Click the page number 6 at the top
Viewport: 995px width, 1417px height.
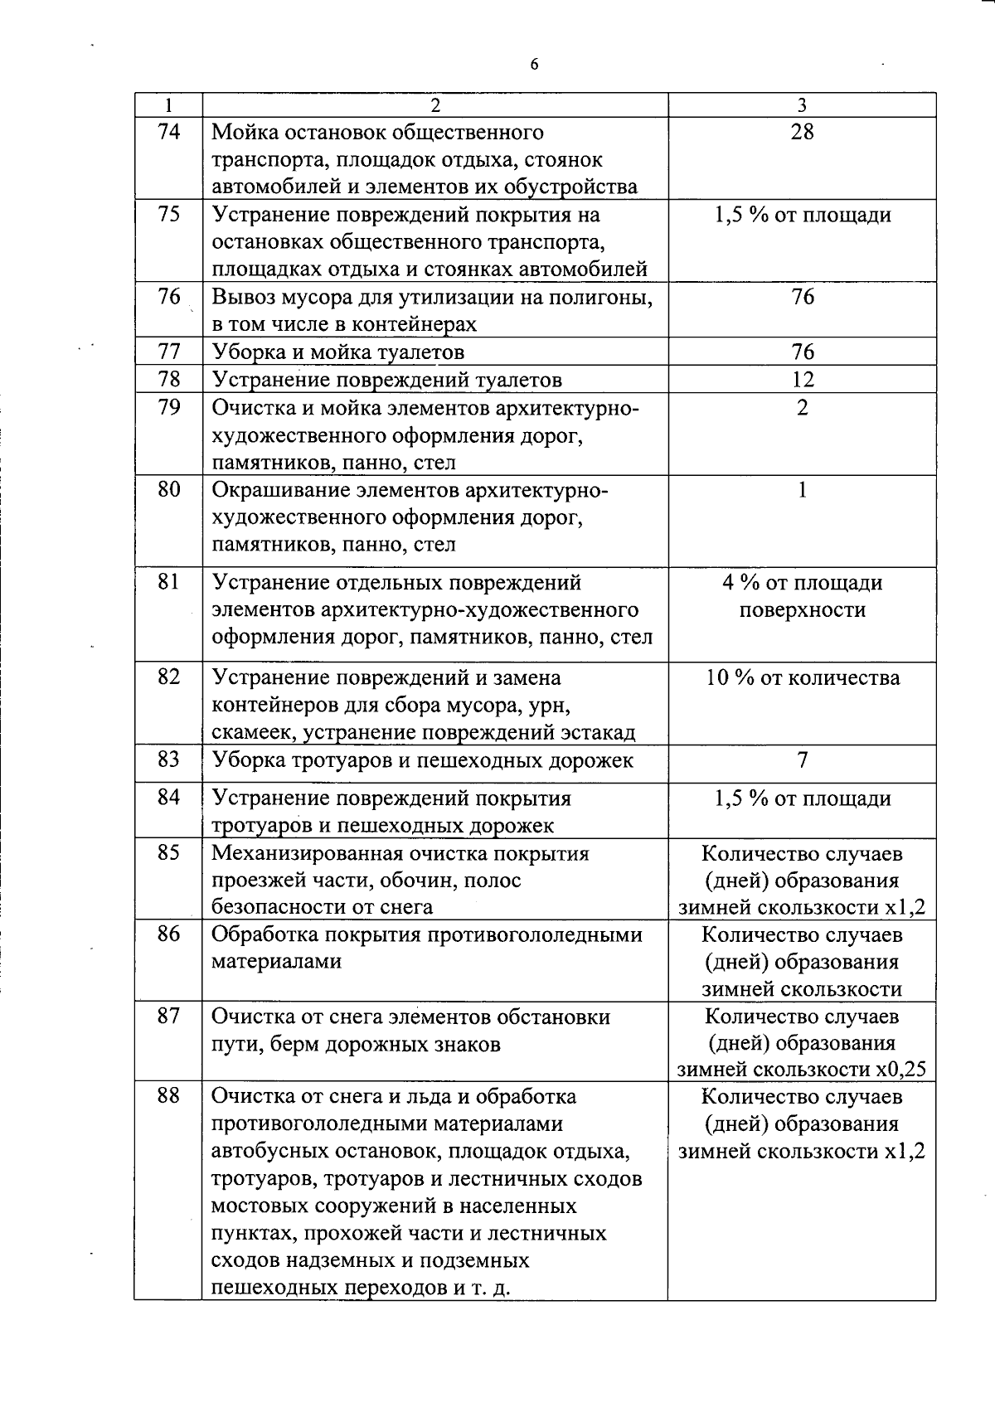(x=534, y=65)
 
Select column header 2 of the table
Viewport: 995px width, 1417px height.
(x=435, y=104)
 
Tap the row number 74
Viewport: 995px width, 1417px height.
(x=168, y=131)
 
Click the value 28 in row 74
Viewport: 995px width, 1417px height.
(x=802, y=131)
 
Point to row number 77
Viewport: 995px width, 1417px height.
(x=168, y=352)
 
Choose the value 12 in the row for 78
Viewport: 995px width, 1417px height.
(x=802, y=380)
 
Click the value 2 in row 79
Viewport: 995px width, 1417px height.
(x=802, y=407)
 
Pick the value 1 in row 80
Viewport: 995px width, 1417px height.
(x=802, y=489)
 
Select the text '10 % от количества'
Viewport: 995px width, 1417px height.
(x=802, y=677)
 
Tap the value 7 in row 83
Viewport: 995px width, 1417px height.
(x=802, y=759)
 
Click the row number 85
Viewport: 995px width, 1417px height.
(x=168, y=852)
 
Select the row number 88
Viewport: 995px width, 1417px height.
(x=168, y=1095)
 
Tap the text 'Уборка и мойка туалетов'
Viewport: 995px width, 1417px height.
(x=338, y=352)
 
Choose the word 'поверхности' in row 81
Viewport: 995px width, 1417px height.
(x=802, y=610)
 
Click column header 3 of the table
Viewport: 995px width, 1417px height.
(x=802, y=104)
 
